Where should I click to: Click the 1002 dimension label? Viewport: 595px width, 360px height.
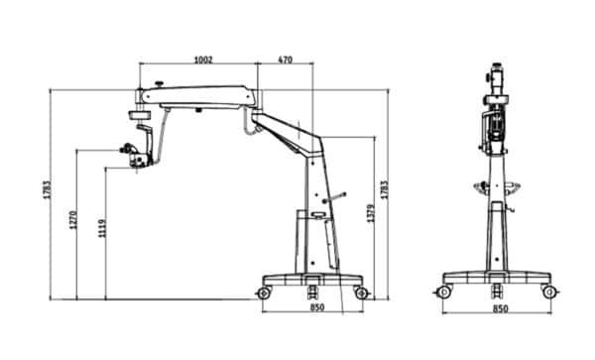click(204, 60)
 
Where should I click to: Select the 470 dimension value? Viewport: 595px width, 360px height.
click(285, 60)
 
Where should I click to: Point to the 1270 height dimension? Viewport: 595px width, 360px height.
click(73, 222)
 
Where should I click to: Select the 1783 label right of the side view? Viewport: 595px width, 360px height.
click(384, 191)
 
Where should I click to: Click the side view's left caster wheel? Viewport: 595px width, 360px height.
click(265, 293)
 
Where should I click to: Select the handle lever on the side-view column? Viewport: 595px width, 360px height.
click(337, 198)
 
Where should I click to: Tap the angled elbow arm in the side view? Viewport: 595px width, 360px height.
click(290, 132)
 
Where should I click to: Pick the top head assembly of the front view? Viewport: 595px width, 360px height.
click(496, 79)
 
